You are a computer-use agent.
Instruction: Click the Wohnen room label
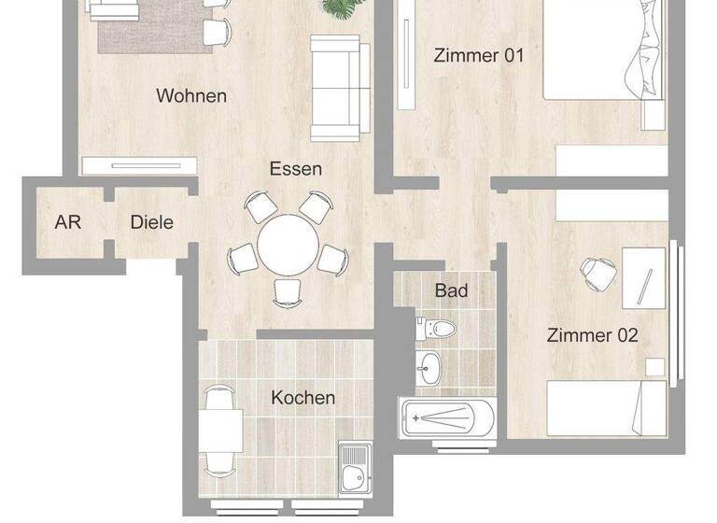191,95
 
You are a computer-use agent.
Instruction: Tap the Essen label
296,169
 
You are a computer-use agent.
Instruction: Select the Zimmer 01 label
479,55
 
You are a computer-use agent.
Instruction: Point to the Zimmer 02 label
592,335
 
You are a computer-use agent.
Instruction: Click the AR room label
67,222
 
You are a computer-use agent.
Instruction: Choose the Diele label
151,222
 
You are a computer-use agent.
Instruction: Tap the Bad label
451,290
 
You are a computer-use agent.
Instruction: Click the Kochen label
302,398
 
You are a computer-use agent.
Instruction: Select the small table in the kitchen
220,431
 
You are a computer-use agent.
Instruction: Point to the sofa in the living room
334,89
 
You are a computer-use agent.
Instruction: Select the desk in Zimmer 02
645,276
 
